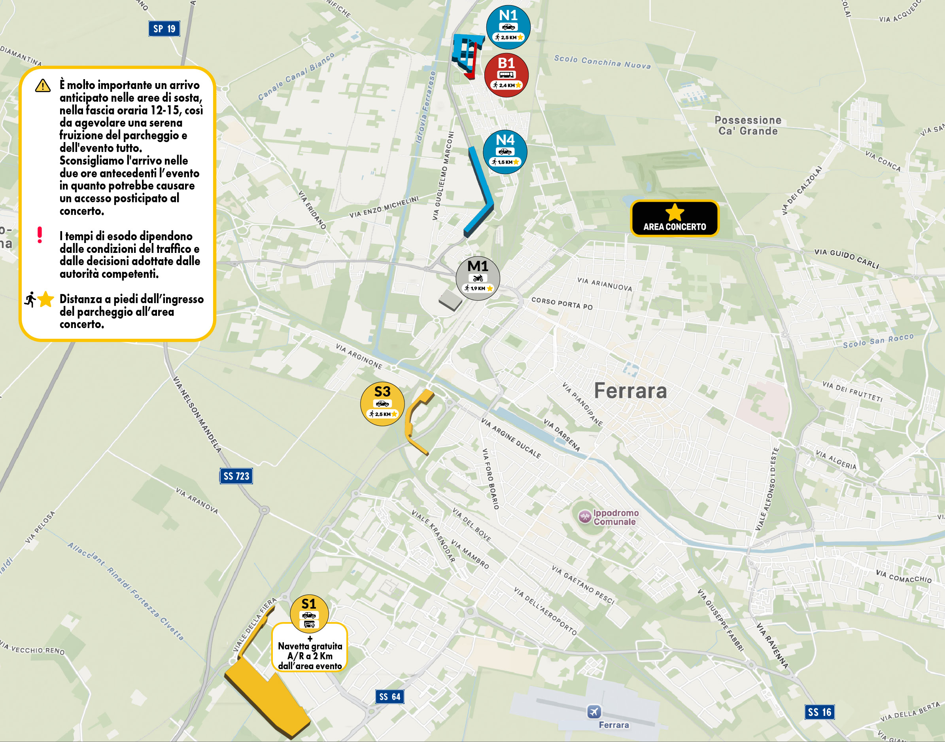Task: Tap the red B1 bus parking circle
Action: [x=506, y=75]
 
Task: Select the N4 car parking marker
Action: [x=505, y=152]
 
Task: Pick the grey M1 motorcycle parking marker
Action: [x=478, y=278]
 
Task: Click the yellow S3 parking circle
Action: [x=382, y=404]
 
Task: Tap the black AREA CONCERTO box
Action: [x=674, y=218]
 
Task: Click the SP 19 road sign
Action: [x=164, y=28]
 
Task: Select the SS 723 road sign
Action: [x=236, y=476]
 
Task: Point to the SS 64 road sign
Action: [x=389, y=697]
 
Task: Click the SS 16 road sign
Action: [x=819, y=712]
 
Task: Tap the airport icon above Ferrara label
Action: [x=594, y=712]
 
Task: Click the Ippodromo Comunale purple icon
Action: [x=585, y=516]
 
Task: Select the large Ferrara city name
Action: [x=630, y=391]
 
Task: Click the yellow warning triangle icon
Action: [x=43, y=85]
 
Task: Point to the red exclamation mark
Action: [x=40, y=235]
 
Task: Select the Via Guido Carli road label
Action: [x=846, y=258]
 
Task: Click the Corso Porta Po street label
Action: [x=562, y=303]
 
